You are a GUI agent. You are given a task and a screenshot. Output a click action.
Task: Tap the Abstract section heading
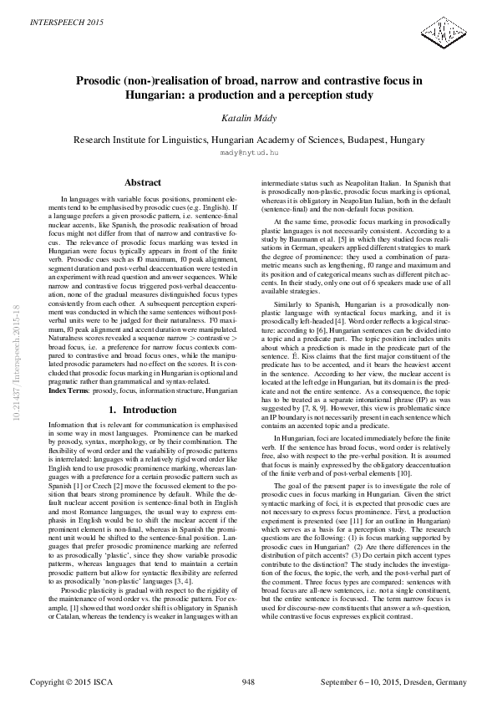coord(142,182)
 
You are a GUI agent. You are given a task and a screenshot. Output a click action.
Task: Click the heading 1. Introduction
coord(142,411)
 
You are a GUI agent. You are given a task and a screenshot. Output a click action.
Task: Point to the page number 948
coord(248,682)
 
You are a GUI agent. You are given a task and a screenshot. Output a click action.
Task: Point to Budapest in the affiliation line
coord(360,140)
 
